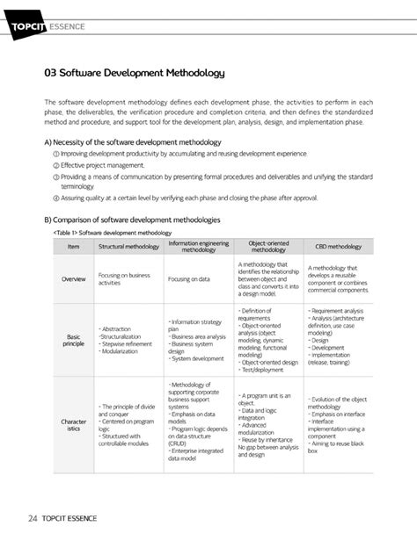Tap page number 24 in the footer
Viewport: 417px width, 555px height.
point(33,518)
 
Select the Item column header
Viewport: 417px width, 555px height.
point(73,247)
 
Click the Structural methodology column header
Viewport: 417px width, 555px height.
point(128,247)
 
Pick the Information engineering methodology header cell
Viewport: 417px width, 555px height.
point(198,247)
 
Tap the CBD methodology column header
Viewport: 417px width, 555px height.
point(338,247)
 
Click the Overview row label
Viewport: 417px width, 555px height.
point(73,279)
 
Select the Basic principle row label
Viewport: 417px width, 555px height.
point(73,340)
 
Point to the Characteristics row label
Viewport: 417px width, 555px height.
point(73,426)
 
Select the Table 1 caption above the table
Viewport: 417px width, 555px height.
point(112,232)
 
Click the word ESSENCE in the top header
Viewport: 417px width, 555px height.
point(67,26)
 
